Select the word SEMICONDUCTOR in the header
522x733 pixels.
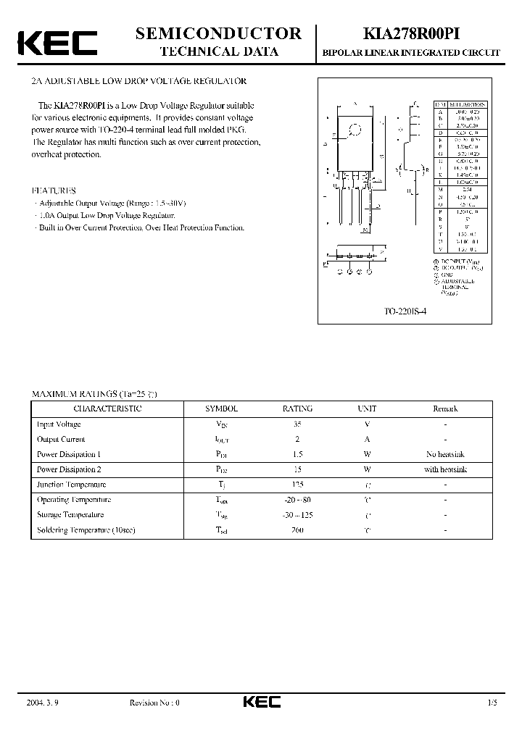coord(218,33)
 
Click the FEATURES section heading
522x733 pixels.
coord(54,190)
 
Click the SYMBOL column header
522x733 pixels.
coord(221,409)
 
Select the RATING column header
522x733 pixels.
coord(297,409)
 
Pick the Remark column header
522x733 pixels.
coord(445,409)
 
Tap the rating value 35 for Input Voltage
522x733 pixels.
coord(297,424)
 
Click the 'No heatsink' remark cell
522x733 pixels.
coord(445,454)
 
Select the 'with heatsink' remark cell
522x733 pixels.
coord(445,469)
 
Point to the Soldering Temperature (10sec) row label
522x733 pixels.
coord(86,529)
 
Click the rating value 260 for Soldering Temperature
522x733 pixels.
coord(297,529)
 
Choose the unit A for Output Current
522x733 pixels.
coord(367,439)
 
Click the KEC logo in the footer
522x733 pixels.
coord(261,702)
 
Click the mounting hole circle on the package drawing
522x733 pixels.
coord(355,131)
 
